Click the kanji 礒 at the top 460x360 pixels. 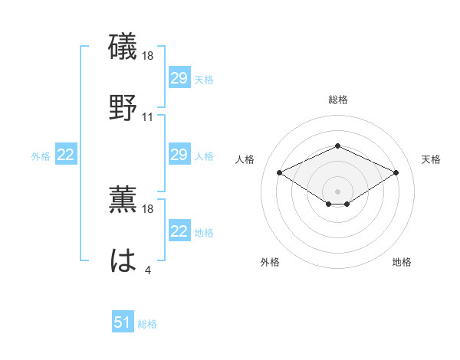pos(123,47)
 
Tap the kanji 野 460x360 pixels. pos(123,107)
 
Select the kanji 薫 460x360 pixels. pos(123,199)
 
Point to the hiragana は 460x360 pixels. pos(123,260)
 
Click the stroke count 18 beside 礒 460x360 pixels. pos(148,56)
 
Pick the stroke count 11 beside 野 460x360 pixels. pos(148,116)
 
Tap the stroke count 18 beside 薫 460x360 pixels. pos(148,208)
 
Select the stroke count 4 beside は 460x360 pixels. pos(148,270)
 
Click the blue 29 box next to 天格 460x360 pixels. pos(179,79)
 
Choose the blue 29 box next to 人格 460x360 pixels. pos(179,155)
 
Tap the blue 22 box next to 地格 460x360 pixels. pos(179,232)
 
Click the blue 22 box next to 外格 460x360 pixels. pos(66,155)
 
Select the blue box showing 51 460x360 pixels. pos(123,323)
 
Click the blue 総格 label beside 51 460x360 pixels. pos(147,324)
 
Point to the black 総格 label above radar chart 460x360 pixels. pos(337,100)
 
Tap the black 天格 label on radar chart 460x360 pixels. pos(431,159)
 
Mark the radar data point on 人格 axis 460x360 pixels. pos(280,172)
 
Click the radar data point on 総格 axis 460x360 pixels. pos(337,146)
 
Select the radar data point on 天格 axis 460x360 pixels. pos(396,172)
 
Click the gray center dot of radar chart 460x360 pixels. pos(337,191)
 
